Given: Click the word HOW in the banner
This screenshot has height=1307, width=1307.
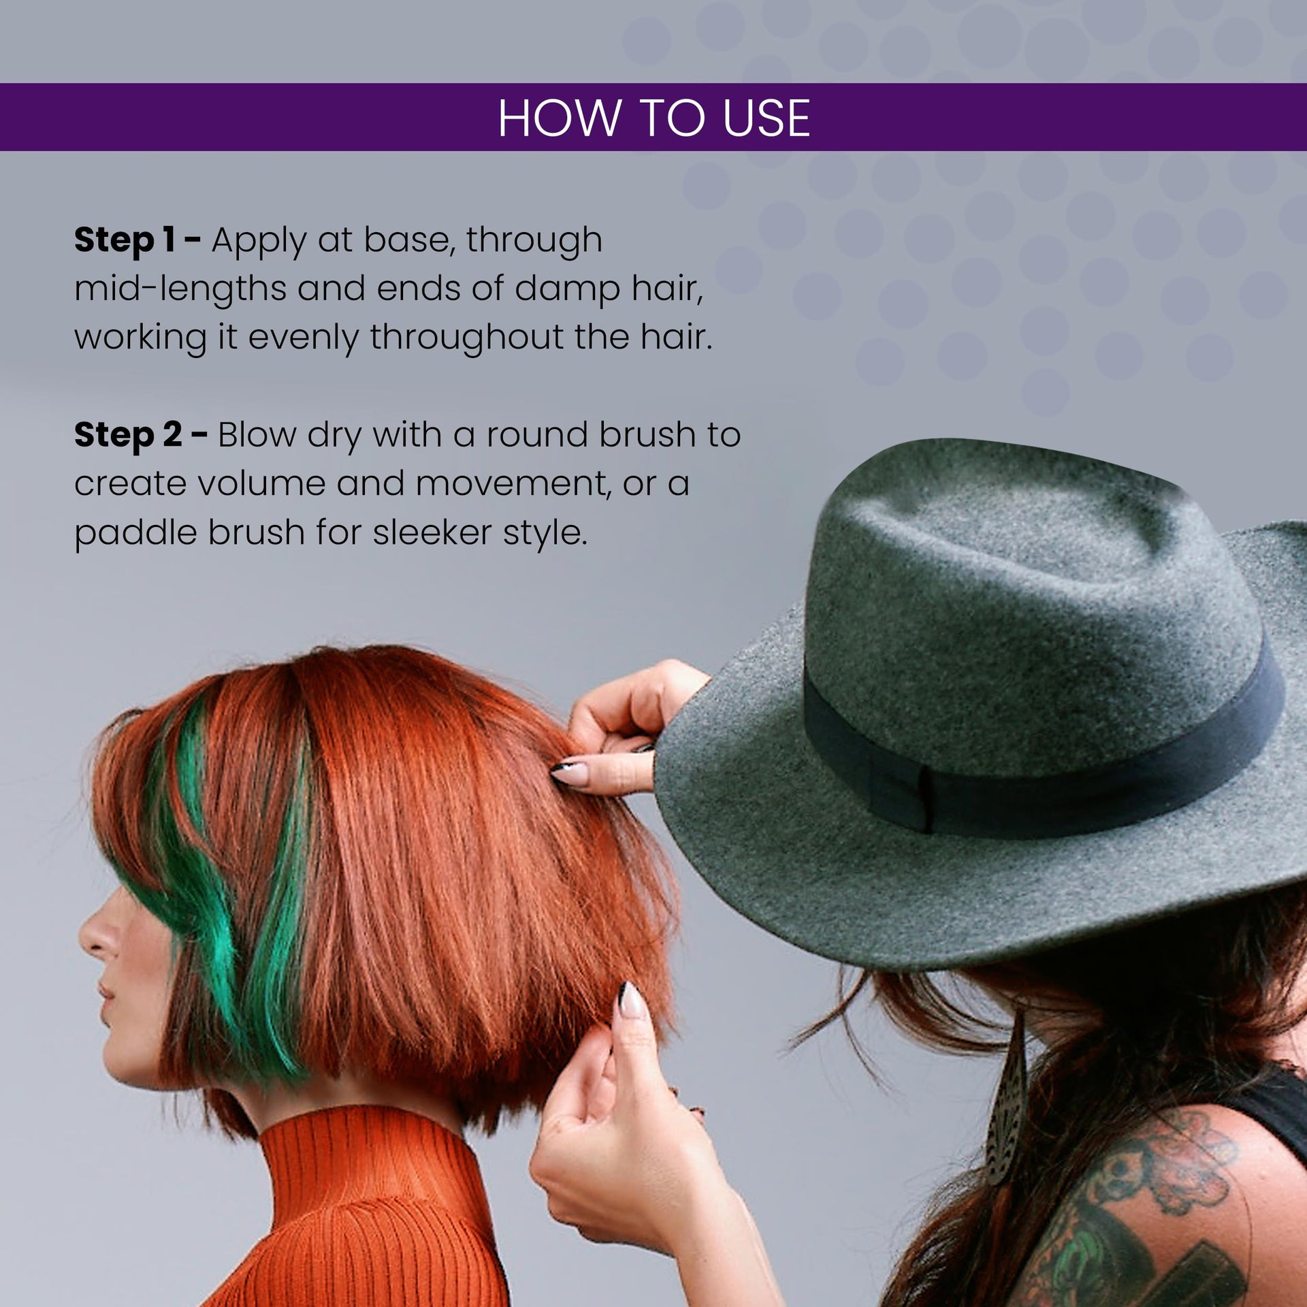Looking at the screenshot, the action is tap(559, 118).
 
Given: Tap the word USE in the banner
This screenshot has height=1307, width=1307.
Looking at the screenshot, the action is tap(766, 118).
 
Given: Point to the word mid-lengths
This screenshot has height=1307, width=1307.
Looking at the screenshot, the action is tap(180, 289).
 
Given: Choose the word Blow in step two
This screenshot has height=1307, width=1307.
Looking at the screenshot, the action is tap(257, 435).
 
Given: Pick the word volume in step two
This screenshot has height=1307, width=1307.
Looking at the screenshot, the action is tap(261, 484).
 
